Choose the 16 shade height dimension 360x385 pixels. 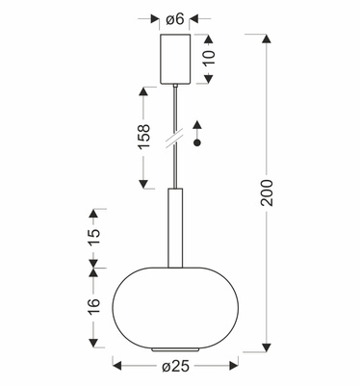click(x=94, y=308)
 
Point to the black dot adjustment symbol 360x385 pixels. click(x=196, y=142)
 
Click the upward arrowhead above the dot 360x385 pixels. click(x=196, y=124)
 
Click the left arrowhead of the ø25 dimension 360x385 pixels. click(x=117, y=364)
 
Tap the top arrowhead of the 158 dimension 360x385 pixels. click(x=143, y=90)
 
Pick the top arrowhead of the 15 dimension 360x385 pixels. click(x=94, y=211)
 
